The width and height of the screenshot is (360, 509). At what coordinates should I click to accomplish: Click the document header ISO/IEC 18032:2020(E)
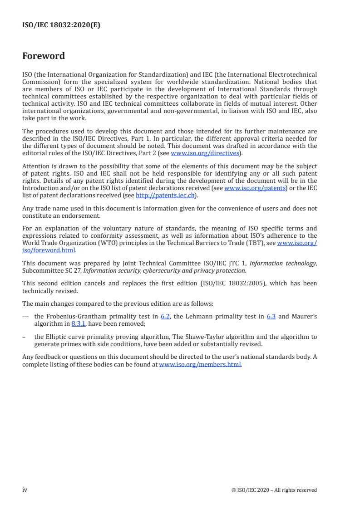coord(61,25)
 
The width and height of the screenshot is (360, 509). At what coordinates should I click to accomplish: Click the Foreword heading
coord(44,56)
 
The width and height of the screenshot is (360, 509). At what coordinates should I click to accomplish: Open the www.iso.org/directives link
coord(204,153)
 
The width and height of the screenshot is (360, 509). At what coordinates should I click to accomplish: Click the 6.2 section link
coord(165,317)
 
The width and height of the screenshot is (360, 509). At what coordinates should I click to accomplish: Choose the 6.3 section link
coord(271,317)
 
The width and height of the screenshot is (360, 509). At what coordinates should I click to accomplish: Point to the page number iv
coord(25,489)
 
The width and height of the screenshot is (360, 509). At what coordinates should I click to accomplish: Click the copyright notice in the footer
coord(274,490)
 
